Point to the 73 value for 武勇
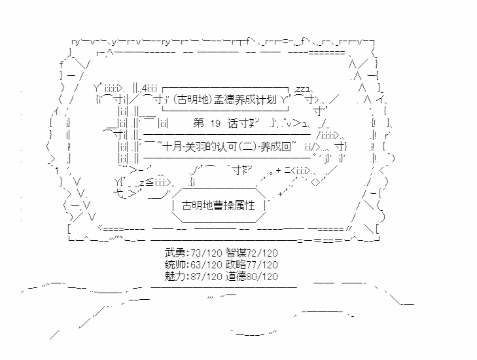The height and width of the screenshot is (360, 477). (x=192, y=253)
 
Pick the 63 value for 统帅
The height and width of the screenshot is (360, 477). (x=192, y=264)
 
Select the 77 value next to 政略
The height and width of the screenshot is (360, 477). (x=253, y=264)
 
